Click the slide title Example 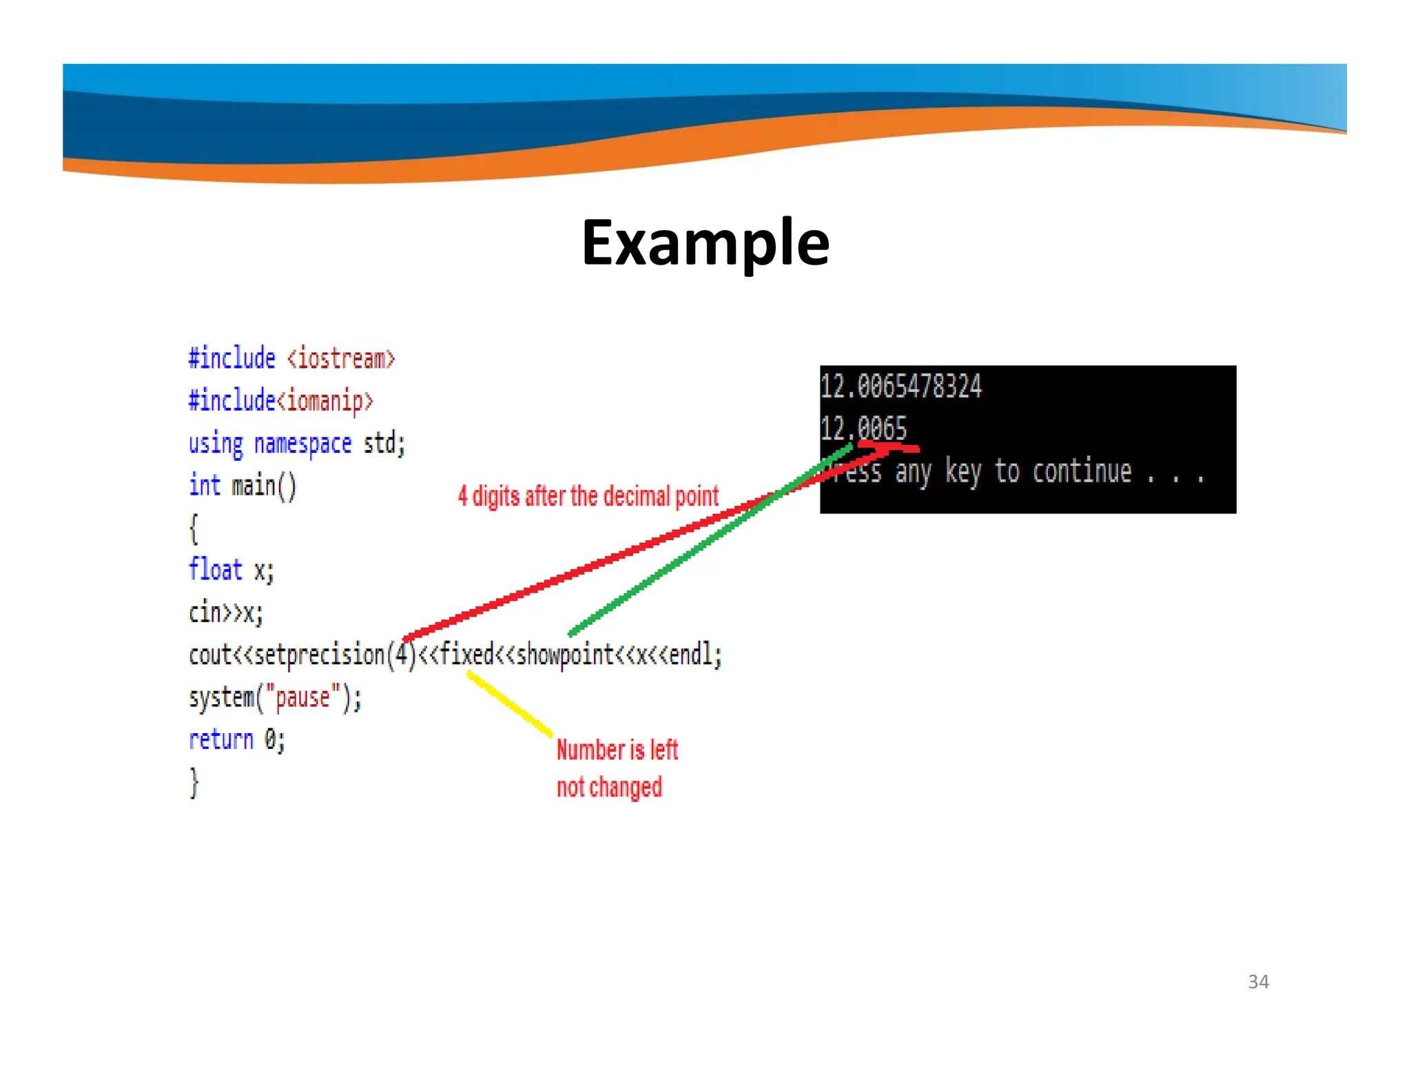pyautogui.click(x=705, y=243)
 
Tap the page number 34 pyautogui.click(x=1258, y=981)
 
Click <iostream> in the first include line pyautogui.click(x=341, y=358)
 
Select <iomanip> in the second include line pyautogui.click(x=325, y=401)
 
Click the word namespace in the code pyautogui.click(x=302, y=444)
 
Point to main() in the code pyautogui.click(x=264, y=486)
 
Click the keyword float pyautogui.click(x=216, y=570)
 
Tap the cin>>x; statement pyautogui.click(x=226, y=612)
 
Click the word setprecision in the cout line pyautogui.click(x=319, y=655)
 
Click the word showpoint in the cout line pyautogui.click(x=564, y=655)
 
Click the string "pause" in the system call pyautogui.click(x=302, y=697)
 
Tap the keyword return pyautogui.click(x=221, y=739)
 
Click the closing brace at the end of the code pyautogui.click(x=194, y=782)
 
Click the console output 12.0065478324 pyautogui.click(x=900, y=387)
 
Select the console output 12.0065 pyautogui.click(x=863, y=429)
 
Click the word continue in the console pyautogui.click(x=1082, y=471)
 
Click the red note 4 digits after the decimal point pyautogui.click(x=588, y=496)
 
